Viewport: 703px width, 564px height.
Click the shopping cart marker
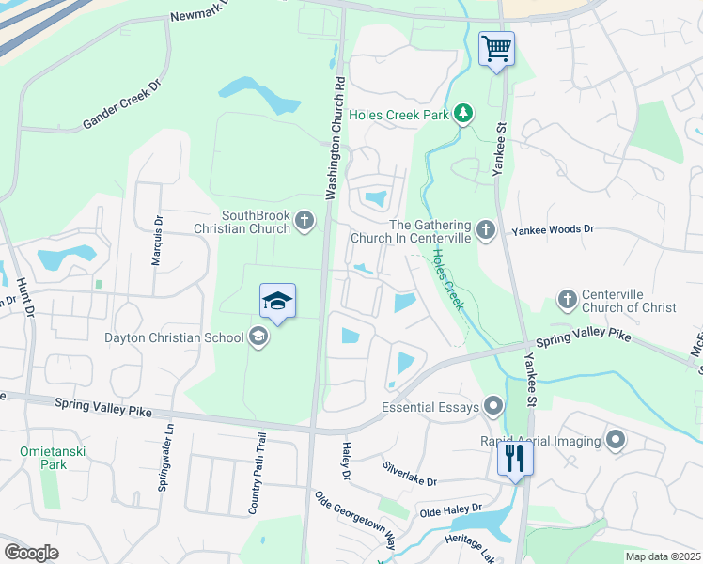(x=497, y=48)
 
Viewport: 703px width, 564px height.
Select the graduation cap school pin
(x=278, y=301)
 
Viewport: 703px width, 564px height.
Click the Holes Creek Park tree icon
(x=462, y=114)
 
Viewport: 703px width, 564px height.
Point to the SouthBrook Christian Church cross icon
(x=304, y=221)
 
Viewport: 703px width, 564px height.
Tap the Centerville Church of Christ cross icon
(x=567, y=299)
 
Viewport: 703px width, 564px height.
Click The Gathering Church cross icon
(x=485, y=229)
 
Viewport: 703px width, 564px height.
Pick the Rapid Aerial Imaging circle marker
(x=616, y=440)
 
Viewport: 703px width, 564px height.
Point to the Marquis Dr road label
(x=158, y=242)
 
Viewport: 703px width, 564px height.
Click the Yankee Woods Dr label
(x=554, y=229)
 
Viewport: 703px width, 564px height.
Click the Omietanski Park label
(x=43, y=458)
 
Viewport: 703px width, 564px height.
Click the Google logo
(x=31, y=552)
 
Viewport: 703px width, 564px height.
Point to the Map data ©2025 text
(x=663, y=556)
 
